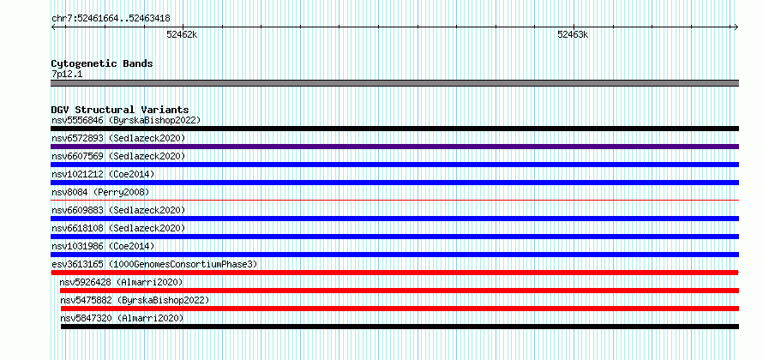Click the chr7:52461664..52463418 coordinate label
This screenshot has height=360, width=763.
click(111, 19)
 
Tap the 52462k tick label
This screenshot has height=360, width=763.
click(182, 34)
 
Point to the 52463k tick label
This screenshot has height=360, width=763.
click(573, 34)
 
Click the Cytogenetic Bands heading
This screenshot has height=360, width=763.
click(102, 63)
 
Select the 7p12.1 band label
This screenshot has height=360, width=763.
click(67, 74)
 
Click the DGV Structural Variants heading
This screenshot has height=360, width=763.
click(120, 110)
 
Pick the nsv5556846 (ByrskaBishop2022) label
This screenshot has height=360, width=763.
click(126, 120)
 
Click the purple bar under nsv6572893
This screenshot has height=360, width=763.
click(395, 147)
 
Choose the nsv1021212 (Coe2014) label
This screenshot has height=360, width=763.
click(103, 174)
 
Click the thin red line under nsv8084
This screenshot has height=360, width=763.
click(395, 200)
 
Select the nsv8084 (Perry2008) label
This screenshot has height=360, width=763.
click(100, 192)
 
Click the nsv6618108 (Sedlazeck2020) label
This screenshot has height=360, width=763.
click(118, 228)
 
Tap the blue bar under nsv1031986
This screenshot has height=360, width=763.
click(395, 255)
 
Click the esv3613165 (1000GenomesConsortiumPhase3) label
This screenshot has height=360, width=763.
click(154, 264)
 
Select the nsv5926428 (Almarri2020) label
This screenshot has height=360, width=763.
click(122, 282)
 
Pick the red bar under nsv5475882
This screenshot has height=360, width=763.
click(400, 309)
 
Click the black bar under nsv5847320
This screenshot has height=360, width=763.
click(400, 327)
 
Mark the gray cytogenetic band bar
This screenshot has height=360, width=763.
click(395, 83)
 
